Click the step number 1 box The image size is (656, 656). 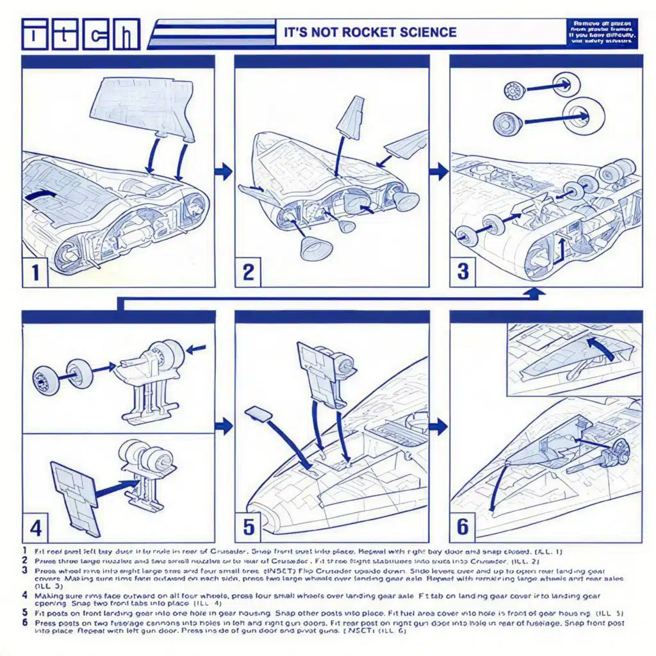coord(35,272)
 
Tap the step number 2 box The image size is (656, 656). coord(249,272)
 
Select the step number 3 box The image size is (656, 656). coord(463,272)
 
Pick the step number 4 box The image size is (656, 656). coord(36,528)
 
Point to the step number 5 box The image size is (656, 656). coord(249,527)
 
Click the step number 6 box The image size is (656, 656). coord(463,527)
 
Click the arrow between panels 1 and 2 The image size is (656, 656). coord(224,172)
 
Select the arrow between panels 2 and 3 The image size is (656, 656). coord(439,172)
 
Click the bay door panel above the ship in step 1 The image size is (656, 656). coord(145,108)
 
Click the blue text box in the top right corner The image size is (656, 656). coord(602,33)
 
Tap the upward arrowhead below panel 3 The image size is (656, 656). coord(536,293)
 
